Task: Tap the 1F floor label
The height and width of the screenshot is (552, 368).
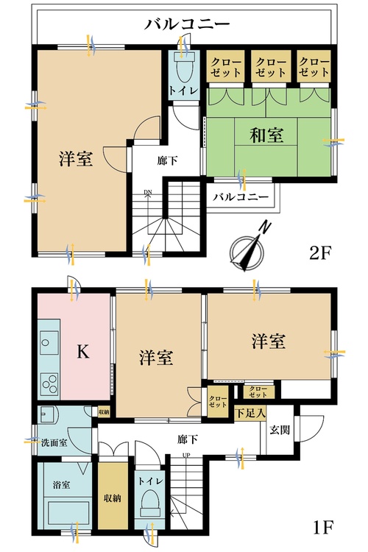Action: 322,528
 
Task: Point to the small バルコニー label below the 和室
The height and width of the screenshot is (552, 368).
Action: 241,197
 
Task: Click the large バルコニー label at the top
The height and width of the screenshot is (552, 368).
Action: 187,25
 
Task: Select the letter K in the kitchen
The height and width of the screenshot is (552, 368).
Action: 83,353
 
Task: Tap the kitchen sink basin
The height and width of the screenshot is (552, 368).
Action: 49,342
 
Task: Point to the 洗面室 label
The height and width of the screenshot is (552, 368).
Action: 56,442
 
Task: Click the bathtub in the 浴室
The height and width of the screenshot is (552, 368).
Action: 65,509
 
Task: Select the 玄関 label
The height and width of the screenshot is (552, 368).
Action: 279,430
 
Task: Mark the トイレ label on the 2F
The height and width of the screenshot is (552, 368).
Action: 183,91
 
